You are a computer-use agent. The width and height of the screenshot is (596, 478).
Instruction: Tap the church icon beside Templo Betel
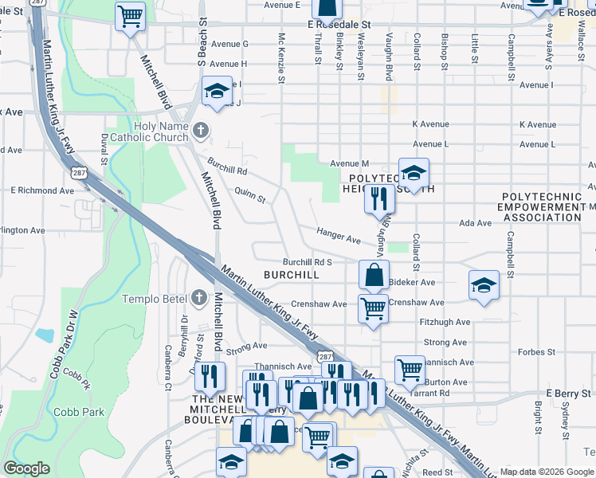[199, 299]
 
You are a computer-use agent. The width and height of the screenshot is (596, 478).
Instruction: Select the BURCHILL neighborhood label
[291, 275]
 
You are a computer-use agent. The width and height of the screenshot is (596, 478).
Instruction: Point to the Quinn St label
[249, 194]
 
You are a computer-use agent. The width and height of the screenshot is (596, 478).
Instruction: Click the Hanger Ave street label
[339, 236]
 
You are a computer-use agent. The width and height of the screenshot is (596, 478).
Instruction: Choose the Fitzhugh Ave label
[445, 323]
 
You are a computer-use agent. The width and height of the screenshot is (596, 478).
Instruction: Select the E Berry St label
[566, 394]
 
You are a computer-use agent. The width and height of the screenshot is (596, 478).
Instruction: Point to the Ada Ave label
[476, 224]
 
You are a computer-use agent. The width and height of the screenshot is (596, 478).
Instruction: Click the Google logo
[26, 468]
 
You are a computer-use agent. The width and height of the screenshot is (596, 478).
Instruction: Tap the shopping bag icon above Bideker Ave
[374, 276]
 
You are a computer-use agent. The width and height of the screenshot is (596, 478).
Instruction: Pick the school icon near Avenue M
[413, 172]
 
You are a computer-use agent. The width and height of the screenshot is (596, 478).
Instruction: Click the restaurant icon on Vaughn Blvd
[379, 198]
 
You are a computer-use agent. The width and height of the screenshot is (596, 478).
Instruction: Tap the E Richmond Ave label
[41, 190]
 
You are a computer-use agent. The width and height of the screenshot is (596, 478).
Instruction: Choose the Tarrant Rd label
[433, 393]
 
